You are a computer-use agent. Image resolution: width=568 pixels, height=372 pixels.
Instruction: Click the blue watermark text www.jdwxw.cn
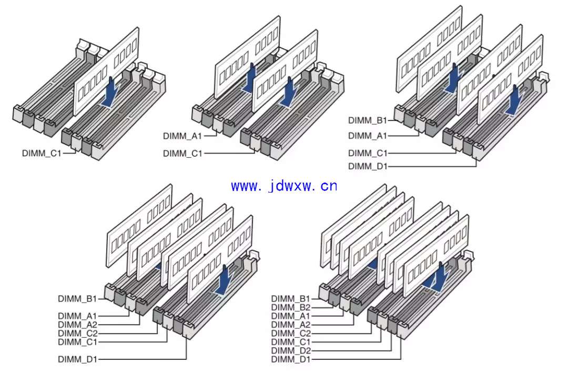[x=284, y=186]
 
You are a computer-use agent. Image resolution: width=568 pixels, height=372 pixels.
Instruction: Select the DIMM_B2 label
[x=291, y=307]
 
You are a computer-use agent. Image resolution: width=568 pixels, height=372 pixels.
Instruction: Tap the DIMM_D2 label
[x=291, y=350]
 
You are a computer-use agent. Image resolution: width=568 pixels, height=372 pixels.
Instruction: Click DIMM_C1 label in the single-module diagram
[x=42, y=153]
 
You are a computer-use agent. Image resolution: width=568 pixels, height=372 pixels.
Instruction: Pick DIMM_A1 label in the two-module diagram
[x=182, y=136]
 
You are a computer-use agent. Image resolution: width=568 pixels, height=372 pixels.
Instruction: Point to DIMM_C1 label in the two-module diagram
[x=182, y=153]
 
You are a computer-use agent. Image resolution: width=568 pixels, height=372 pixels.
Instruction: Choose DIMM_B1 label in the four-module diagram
[x=368, y=120]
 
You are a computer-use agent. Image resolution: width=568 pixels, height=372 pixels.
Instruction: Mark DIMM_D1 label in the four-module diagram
[x=368, y=166]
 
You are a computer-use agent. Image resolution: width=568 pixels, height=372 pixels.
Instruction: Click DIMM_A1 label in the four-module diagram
[x=368, y=136]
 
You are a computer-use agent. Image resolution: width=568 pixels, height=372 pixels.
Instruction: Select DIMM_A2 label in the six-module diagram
[x=77, y=325]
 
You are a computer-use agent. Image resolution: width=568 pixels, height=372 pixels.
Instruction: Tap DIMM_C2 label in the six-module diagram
[x=77, y=333]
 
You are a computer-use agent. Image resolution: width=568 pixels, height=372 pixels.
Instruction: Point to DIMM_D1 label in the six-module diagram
[x=77, y=359]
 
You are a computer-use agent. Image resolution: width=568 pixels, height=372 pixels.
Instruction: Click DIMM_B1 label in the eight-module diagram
[x=291, y=299]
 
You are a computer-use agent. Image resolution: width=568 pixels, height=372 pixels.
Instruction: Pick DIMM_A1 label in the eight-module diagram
[x=291, y=316]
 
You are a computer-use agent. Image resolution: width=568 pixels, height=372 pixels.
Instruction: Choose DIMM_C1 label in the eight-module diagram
[x=291, y=342]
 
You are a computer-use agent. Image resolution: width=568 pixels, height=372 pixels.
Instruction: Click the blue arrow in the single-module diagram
[x=111, y=93]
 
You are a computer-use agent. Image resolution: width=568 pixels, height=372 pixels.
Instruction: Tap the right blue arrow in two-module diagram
[x=290, y=93]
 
